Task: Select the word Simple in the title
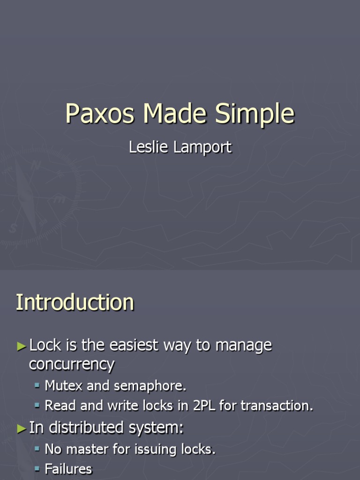[255, 114]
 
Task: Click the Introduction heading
[75, 302]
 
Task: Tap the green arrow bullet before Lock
[22, 346]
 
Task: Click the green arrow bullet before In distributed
[22, 428]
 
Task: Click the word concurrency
[71, 364]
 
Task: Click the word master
[85, 449]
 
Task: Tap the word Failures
[68, 469]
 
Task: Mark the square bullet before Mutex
[37, 386]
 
